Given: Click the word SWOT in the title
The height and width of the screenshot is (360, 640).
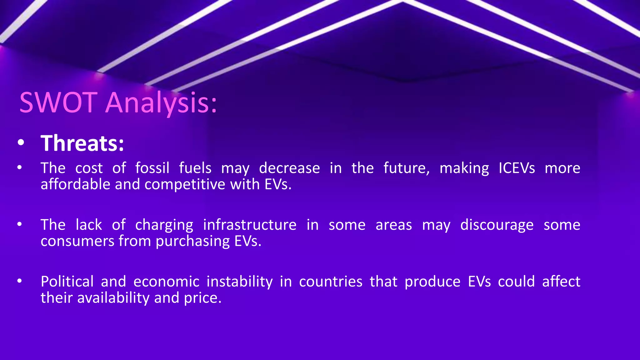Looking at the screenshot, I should [x=58, y=102].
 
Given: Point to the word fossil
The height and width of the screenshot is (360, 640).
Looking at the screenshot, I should [x=152, y=168].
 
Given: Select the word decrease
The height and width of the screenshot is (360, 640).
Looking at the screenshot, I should [x=289, y=168].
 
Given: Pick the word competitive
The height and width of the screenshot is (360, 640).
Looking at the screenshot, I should [x=185, y=184].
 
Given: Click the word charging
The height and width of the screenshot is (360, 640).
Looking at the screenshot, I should [x=164, y=225].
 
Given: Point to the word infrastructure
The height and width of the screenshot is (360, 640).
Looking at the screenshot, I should [x=250, y=225].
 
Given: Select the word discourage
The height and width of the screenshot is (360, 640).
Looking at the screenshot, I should [x=497, y=225].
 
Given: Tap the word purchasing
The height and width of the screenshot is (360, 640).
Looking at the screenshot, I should [x=192, y=241].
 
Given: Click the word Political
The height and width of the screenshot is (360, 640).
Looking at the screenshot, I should [x=67, y=281].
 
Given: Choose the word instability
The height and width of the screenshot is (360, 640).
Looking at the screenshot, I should [x=239, y=282].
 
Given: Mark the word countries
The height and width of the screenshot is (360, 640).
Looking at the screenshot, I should [x=331, y=281].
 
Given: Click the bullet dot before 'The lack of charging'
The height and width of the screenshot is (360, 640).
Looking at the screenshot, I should [x=20, y=224].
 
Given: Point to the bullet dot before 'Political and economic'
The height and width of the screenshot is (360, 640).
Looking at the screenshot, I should [x=20, y=281].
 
